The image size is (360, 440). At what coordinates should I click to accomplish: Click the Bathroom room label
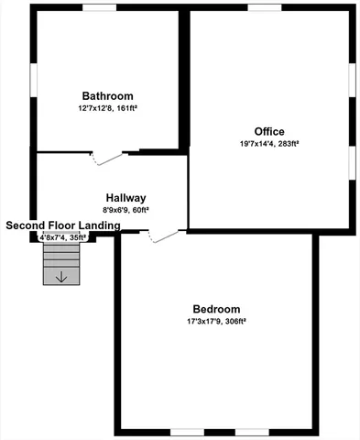pyautogui.click(x=107, y=96)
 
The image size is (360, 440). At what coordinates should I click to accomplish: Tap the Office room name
pyautogui.click(x=269, y=130)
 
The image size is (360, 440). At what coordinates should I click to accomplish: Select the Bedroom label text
pyautogui.click(x=216, y=309)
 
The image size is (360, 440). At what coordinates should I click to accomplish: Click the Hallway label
pyautogui.click(x=126, y=198)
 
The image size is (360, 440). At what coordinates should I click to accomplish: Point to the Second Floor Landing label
pyautogui.click(x=61, y=225)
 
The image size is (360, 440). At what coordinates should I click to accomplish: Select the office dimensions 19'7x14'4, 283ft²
pyautogui.click(x=269, y=143)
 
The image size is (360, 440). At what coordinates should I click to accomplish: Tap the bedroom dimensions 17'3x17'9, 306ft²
pyautogui.click(x=216, y=322)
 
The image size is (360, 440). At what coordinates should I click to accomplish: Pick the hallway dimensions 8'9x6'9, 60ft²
pyautogui.click(x=126, y=210)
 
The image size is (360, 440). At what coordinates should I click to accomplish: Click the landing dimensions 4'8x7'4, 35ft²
pyautogui.click(x=62, y=237)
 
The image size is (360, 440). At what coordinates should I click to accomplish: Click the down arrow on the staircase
pyautogui.click(x=61, y=276)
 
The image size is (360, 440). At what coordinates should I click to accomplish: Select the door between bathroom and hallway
pyautogui.click(x=109, y=158)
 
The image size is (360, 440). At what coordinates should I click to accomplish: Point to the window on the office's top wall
pyautogui.click(x=264, y=8)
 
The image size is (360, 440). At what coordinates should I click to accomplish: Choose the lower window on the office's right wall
pyautogui.click(x=354, y=159)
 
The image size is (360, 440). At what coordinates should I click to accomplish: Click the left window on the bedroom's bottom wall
pyautogui.click(x=187, y=431)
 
